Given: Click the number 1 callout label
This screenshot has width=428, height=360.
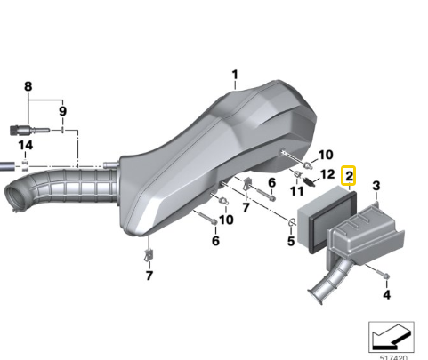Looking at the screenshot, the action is (235, 75).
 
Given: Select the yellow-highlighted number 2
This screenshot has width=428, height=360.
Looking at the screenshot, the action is (350, 176).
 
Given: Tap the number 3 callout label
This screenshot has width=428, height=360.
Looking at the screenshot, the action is (376, 186).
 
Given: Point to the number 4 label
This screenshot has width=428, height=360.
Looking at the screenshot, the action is (386, 295).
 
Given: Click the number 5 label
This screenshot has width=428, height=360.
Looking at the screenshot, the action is (291, 241).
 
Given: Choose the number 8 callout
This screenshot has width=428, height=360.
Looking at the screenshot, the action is (28, 86).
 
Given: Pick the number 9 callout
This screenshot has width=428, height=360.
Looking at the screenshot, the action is (62, 111).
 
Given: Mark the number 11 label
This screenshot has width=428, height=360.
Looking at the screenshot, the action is (296, 191).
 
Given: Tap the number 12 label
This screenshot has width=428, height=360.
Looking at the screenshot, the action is (327, 174).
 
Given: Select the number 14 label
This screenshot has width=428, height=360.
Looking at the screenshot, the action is (26, 146).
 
